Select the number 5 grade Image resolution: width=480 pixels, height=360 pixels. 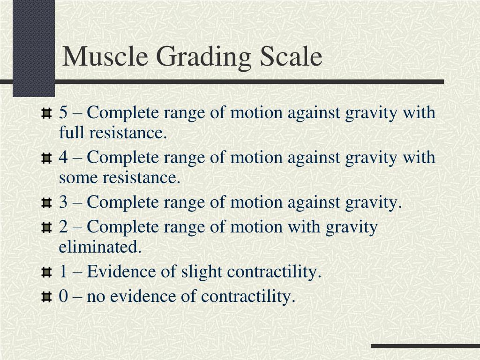point(63,113)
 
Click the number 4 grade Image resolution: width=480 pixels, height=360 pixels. point(63,158)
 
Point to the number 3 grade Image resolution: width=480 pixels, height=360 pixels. point(63,203)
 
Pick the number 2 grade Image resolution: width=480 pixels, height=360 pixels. point(63,227)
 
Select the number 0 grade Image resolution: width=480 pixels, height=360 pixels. point(63,297)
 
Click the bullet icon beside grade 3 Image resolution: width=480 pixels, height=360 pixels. point(46,204)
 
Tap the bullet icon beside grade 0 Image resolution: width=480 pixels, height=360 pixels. point(46,298)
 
